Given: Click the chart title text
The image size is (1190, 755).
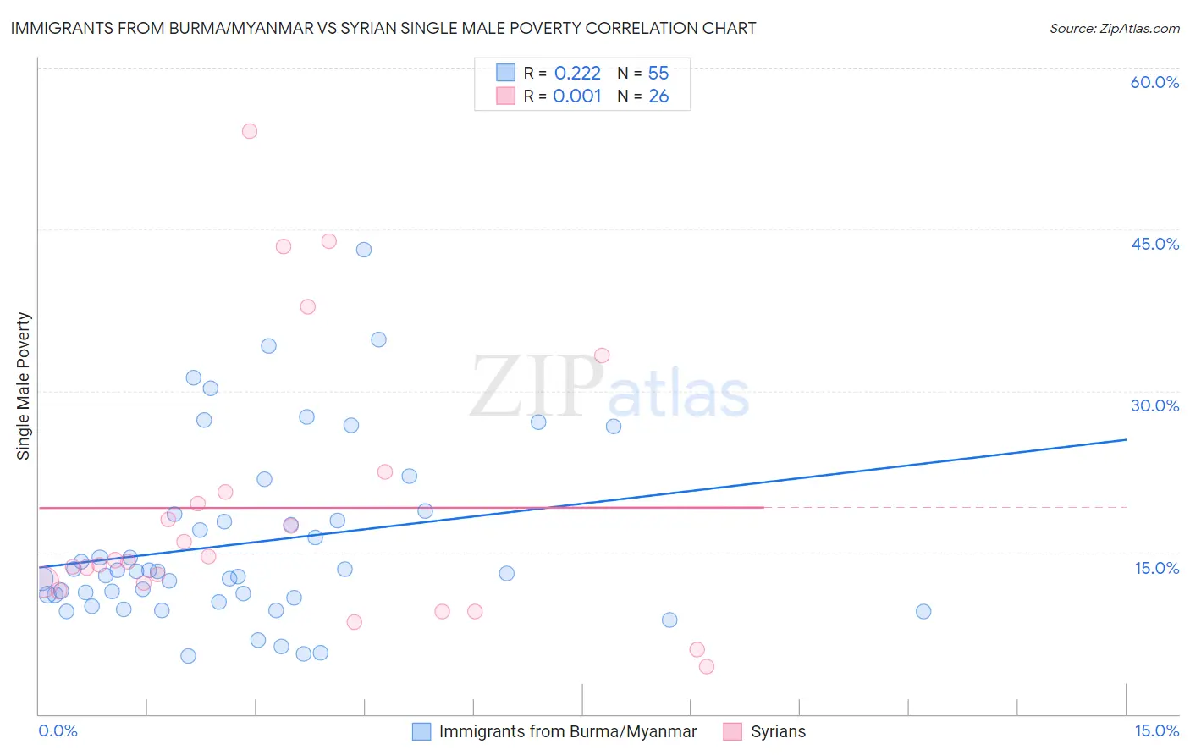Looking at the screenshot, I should (383, 28).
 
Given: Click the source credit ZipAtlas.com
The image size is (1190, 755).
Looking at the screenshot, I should (1114, 28).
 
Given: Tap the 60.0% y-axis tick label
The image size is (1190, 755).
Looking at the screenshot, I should (1154, 82).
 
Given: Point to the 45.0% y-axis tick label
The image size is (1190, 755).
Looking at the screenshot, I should (1154, 244).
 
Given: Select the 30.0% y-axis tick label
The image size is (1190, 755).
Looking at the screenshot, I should (1154, 405).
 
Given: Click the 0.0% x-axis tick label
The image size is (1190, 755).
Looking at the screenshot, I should (58, 730).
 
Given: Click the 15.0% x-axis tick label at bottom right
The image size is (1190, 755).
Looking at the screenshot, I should (1156, 730).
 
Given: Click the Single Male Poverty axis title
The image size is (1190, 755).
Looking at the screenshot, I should (24, 386).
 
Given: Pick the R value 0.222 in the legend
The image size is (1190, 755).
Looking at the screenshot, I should (577, 73).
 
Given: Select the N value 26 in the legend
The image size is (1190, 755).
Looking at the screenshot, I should (658, 96).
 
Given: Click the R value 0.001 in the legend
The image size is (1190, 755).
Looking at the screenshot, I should (577, 96).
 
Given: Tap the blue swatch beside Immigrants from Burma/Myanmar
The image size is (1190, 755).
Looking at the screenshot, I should (421, 731).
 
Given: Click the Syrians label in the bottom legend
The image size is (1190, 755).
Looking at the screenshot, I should (778, 731).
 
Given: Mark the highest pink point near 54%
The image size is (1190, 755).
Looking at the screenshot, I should (249, 131).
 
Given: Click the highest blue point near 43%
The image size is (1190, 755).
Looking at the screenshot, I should (364, 250).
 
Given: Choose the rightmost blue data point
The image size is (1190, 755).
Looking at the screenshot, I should (923, 611).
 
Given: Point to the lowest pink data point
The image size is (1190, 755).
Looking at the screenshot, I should (707, 666).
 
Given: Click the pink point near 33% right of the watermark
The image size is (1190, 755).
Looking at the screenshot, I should (602, 355).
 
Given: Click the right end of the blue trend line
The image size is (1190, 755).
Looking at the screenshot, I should (1126, 439).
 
